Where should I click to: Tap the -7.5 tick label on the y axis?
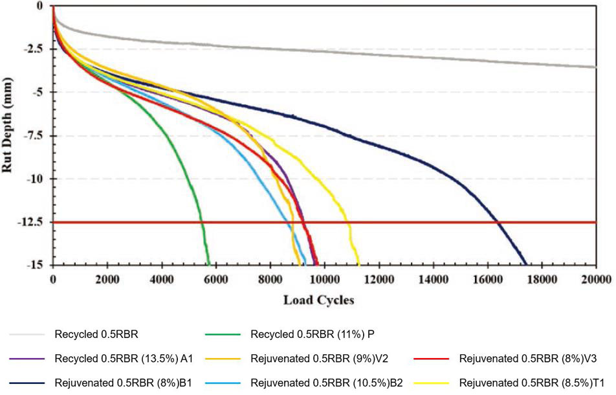(35, 135)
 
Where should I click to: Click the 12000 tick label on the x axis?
(377, 279)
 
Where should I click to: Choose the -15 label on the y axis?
(38, 265)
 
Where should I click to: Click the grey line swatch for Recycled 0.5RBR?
(27, 335)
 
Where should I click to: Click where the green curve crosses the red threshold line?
(202, 222)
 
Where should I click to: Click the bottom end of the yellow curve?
(358, 264)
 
